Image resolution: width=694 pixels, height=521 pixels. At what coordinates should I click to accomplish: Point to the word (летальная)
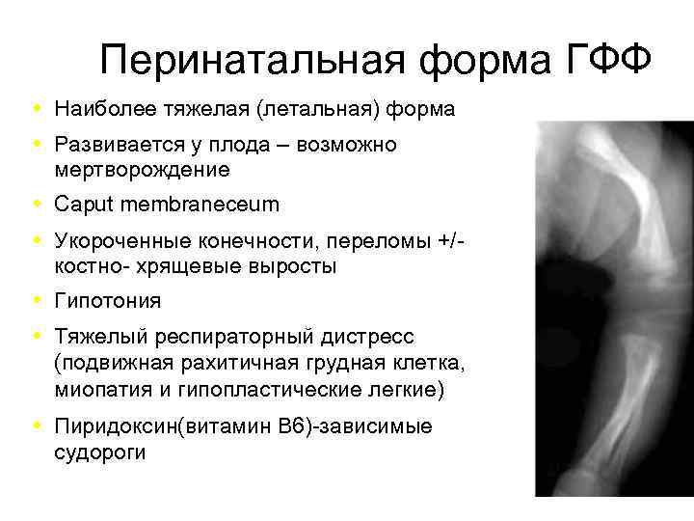pyautogui.click(x=318, y=110)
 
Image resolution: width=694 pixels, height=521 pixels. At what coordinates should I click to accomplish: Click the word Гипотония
pyautogui.click(x=108, y=301)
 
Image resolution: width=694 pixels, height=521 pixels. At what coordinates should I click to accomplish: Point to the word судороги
pyautogui.click(x=100, y=451)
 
